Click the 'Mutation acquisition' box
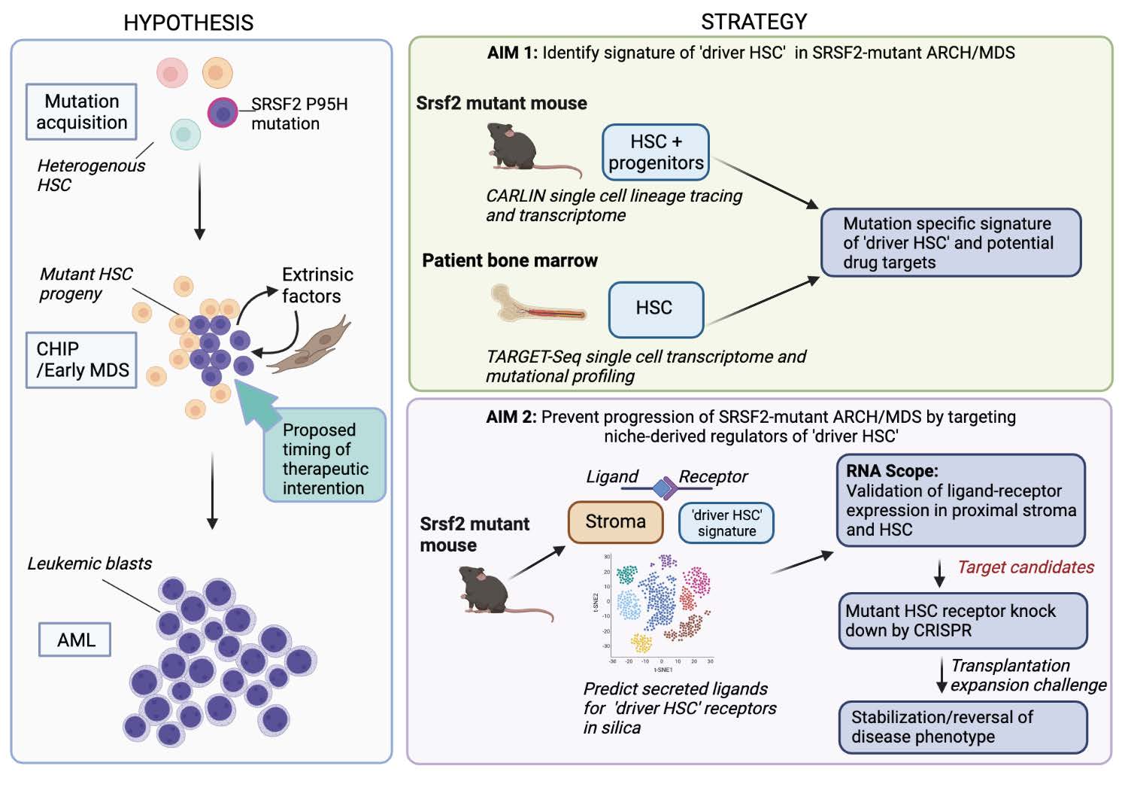pyautogui.click(x=81, y=111)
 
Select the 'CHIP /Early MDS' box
pyautogui.click(x=81, y=360)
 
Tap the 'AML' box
pyautogui.click(x=75, y=640)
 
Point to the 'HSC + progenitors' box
pyautogui.click(x=656, y=152)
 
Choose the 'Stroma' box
pyautogui.click(x=615, y=521)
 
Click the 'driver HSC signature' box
pyautogui.click(x=726, y=523)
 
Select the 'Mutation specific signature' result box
pyautogui.click(x=951, y=242)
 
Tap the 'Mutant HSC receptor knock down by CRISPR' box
pyautogui.click(x=963, y=621)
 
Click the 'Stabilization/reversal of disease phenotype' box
pyautogui.click(x=963, y=727)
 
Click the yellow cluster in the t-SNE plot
pyautogui.click(x=641, y=642)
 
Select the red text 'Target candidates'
pyautogui.click(x=1026, y=567)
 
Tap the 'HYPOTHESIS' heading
pyautogui.click(x=188, y=23)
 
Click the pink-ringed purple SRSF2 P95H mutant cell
pyautogui.click(x=223, y=113)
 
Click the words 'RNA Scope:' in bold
pyautogui.click(x=892, y=471)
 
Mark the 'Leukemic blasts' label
pyautogui.click(x=89, y=564)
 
